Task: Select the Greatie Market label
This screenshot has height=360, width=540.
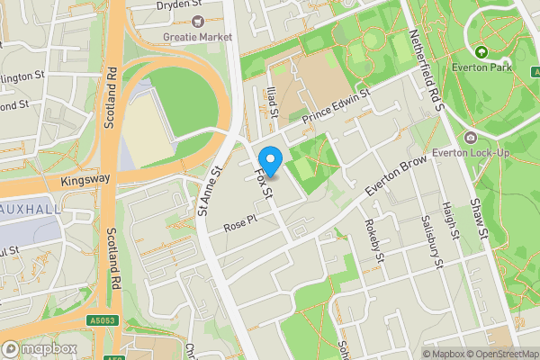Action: (198, 37)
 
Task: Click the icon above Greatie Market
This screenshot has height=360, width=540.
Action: (198, 21)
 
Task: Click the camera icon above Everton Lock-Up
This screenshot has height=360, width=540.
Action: (471, 137)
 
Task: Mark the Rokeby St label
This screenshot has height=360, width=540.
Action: (376, 243)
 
